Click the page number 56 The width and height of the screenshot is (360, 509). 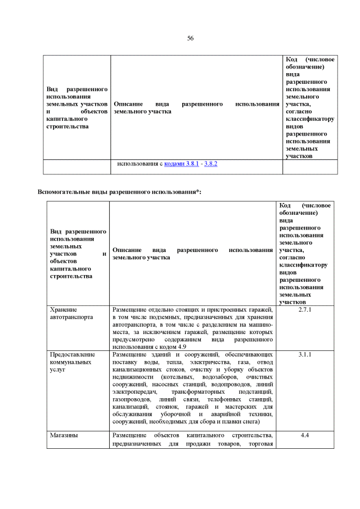[x=190, y=38]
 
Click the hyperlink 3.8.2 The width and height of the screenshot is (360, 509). [x=210, y=164]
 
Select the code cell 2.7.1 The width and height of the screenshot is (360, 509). [x=305, y=310]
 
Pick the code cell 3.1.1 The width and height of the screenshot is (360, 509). [x=305, y=355]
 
